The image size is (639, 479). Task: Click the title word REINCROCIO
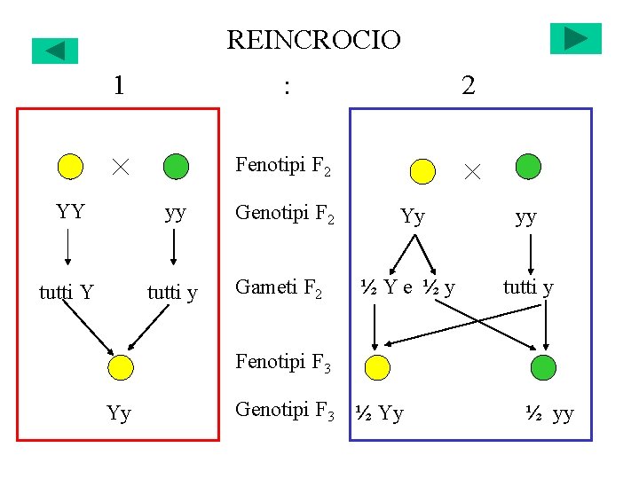pyautogui.click(x=313, y=40)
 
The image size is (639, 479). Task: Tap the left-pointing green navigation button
pyautogui.click(x=55, y=51)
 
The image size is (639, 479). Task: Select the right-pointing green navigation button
pyautogui.click(x=575, y=39)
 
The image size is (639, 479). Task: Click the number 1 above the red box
pyautogui.click(x=119, y=85)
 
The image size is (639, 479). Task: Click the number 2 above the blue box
pyautogui.click(x=468, y=85)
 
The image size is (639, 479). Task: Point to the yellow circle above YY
pyautogui.click(x=70, y=166)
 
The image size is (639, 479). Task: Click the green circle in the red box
pyautogui.click(x=177, y=166)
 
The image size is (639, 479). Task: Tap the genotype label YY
pyautogui.click(x=70, y=211)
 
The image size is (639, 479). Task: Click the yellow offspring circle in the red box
pyautogui.click(x=120, y=367)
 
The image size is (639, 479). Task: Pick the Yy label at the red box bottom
pyautogui.click(x=119, y=413)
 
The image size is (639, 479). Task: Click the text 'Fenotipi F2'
pyautogui.click(x=283, y=165)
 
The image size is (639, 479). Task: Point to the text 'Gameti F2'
pyautogui.click(x=278, y=287)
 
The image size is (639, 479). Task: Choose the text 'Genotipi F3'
pyautogui.click(x=284, y=410)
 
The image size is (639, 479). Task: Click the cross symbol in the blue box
pyautogui.click(x=472, y=171)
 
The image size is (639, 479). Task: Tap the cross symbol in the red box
pyautogui.click(x=121, y=166)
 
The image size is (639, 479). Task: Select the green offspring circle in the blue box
pyautogui.click(x=543, y=366)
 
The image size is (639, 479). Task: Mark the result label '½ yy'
pyautogui.click(x=549, y=413)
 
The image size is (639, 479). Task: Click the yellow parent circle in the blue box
pyautogui.click(x=423, y=170)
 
